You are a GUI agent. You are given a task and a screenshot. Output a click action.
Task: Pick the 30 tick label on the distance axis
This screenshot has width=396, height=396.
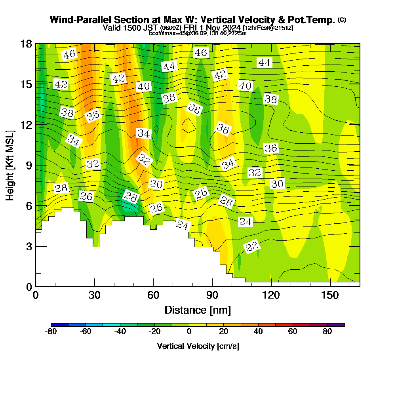coord(94,295)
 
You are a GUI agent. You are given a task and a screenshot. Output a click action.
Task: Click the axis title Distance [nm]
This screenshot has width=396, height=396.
coord(198,310)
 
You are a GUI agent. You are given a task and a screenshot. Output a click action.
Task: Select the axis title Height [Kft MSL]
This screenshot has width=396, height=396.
coord(10,165)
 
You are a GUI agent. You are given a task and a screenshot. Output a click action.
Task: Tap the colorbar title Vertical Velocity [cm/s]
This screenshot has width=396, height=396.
coord(198,346)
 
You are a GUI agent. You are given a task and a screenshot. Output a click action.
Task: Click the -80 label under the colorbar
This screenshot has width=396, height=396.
coord(51,332)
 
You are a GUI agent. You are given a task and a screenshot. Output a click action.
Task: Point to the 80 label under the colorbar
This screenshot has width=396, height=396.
coord(327,332)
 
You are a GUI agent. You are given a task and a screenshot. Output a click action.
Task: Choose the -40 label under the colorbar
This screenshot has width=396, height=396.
coord(120,332)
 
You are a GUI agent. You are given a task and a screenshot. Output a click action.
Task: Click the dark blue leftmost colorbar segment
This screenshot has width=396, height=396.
coord(59,325)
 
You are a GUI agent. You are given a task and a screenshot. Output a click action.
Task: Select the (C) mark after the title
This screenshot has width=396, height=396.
coord(342,19)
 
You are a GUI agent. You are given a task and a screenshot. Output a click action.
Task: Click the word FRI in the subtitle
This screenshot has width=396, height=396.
coord(191,28)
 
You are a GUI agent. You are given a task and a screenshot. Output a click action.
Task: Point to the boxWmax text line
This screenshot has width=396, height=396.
coord(198,33)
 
